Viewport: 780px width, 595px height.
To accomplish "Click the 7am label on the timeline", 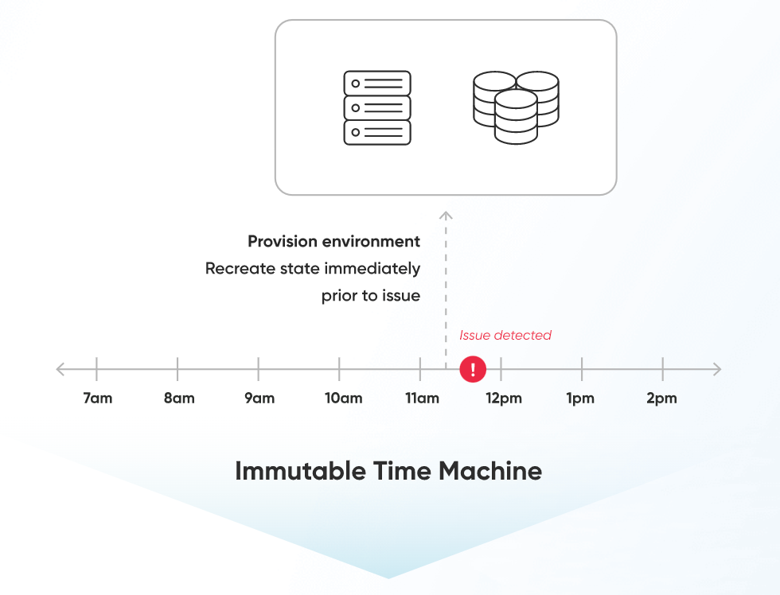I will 97,399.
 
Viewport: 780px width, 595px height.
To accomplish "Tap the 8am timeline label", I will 179,399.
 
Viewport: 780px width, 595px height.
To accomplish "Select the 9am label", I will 259,399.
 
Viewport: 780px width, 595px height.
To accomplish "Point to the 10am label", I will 343,399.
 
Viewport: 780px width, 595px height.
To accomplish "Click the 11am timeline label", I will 422,399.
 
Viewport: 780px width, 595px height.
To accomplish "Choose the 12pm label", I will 503,399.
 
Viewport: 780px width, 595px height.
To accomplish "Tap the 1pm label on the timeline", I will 580,399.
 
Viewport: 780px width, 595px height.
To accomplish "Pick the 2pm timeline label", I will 661,399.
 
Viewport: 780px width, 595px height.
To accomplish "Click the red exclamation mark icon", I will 473,369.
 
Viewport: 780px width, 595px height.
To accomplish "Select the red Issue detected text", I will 505,335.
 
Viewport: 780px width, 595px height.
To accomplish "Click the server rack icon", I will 377,107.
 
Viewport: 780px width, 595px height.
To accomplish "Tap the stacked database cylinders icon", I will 516,107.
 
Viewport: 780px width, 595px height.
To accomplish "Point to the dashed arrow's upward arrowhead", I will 446,215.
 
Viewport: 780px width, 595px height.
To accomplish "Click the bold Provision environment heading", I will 333,241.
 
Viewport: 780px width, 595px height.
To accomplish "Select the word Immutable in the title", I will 299,471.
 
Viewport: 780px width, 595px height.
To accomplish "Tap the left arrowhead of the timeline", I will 60,369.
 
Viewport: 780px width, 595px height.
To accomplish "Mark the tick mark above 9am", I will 259,368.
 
